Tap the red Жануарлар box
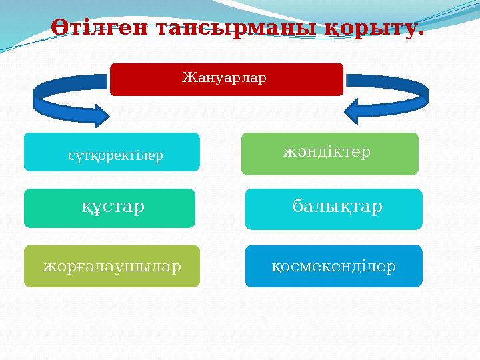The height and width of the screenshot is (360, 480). (226, 79)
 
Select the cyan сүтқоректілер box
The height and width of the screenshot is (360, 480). (111, 152)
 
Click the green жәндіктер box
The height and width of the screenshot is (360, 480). (329, 153)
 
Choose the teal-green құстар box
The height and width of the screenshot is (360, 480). (109, 208)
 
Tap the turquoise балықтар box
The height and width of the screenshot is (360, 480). (333, 209)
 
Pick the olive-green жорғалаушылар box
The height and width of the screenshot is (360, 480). (111, 266)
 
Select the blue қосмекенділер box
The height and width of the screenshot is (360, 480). (333, 266)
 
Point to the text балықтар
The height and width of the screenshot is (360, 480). (337, 207)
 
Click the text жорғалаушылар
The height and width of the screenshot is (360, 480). (112, 267)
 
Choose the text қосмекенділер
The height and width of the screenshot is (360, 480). (334, 267)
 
